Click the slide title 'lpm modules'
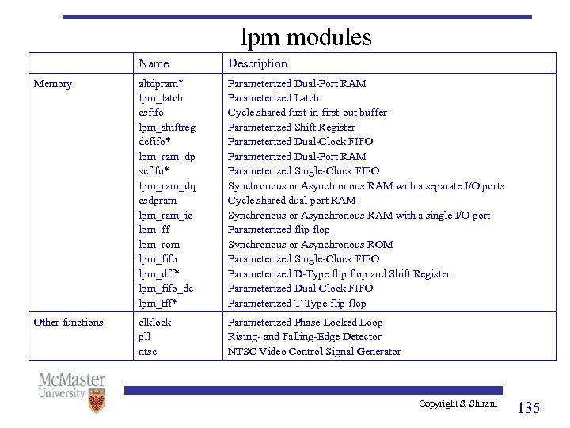(x=306, y=36)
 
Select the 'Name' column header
(x=153, y=63)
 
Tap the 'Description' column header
(x=257, y=63)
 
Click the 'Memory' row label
(x=52, y=84)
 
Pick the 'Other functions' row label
(x=68, y=323)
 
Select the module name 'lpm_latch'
(x=161, y=98)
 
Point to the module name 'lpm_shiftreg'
(x=167, y=128)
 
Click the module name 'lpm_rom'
(x=159, y=245)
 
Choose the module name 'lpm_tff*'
(x=158, y=304)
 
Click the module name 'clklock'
(x=155, y=323)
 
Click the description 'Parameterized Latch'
(x=273, y=98)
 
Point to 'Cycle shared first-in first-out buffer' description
(x=307, y=113)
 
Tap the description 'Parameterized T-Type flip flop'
(x=297, y=304)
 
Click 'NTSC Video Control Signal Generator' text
(x=314, y=352)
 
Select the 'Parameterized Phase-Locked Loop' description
(x=305, y=323)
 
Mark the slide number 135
(x=528, y=408)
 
